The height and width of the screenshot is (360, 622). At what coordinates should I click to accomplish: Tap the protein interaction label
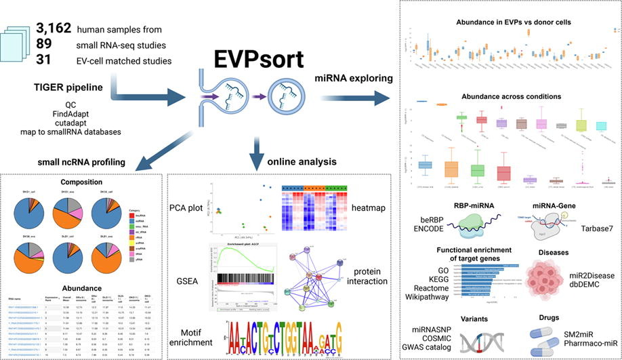click(x=365, y=277)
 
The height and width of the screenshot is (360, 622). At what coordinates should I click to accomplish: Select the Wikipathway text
click(x=428, y=297)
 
